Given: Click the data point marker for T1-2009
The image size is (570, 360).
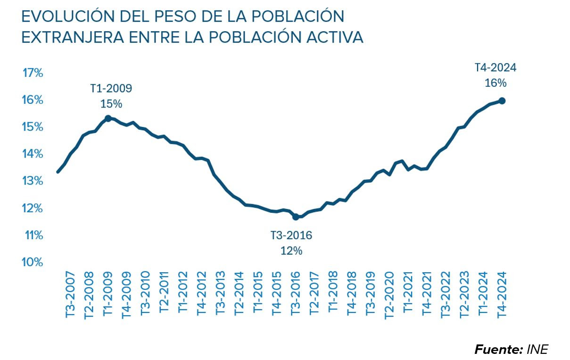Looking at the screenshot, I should point(108,118).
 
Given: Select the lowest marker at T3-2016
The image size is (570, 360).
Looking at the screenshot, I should point(296,217).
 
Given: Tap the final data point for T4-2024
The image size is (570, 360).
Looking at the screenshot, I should point(502,100).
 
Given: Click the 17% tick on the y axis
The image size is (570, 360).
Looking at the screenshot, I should point(33,73).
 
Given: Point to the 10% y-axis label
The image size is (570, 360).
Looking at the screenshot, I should point(33,262).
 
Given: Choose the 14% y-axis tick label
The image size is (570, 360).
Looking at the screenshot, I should point(33,154).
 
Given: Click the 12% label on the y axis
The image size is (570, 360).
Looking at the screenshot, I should point(33,208).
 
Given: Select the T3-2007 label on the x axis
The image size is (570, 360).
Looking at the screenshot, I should point(70,295).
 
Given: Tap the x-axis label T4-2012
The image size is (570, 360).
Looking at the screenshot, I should point(201,295).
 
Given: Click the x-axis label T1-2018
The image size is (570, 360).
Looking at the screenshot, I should point(333,295).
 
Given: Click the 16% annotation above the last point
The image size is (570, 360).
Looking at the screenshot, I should point(496,83).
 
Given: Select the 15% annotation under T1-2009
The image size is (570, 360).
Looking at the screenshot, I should point(111,103).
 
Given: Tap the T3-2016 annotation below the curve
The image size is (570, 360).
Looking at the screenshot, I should point(291,235).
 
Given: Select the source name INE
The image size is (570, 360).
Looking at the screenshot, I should point(538,350).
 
